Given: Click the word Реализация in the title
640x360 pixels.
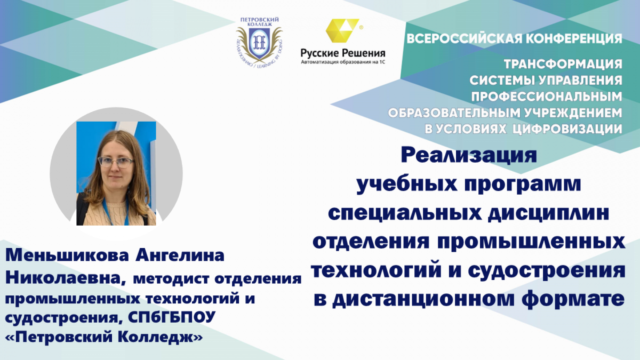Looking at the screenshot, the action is pyautogui.click(x=469, y=155).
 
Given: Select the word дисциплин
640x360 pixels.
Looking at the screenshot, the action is pyautogui.click(x=548, y=213).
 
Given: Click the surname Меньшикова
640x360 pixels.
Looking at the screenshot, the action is pyautogui.click(x=67, y=255).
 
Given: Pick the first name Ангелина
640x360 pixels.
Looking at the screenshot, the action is pyautogui.click(x=180, y=255).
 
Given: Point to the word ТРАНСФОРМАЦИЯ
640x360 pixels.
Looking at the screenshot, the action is pyautogui.click(x=563, y=64).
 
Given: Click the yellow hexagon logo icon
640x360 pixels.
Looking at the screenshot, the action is pyautogui.click(x=342, y=30).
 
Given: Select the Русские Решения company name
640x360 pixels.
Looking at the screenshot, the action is pyautogui.click(x=343, y=53).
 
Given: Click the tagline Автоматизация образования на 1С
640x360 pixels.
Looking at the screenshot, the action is pyautogui.click(x=343, y=62).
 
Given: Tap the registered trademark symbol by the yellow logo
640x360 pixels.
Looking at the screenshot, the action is pyautogui.click(x=362, y=27).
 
